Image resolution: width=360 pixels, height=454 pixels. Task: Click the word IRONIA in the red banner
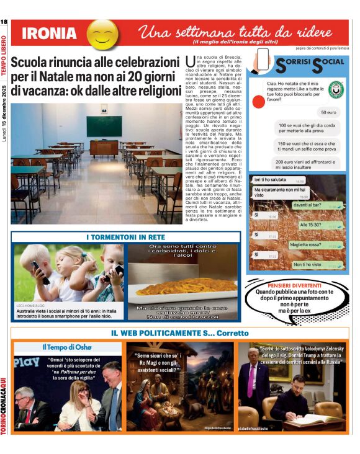(x=49, y=33)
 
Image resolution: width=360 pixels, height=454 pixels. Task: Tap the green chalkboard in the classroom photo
(x=104, y=126)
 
